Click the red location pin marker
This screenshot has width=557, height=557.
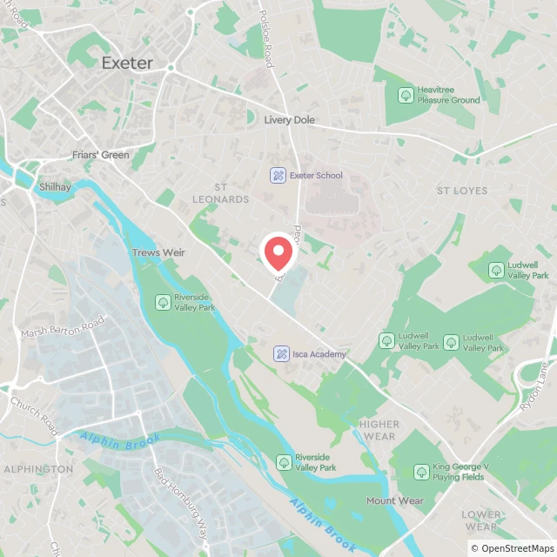pyautogui.click(x=278, y=253)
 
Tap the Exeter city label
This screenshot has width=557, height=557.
pyautogui.click(x=127, y=63)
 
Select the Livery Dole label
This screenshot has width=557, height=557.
pyautogui.click(x=290, y=120)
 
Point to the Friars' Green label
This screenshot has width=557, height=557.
pyautogui.click(x=100, y=156)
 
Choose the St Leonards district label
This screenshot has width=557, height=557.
pyautogui.click(x=232, y=193)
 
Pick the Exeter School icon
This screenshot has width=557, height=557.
pyautogui.click(x=278, y=175)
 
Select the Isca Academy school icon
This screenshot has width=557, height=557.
pyautogui.click(x=281, y=353)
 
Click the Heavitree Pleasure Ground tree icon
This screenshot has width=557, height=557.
pyautogui.click(x=405, y=95)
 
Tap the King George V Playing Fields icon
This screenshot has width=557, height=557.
pyautogui.click(x=421, y=472)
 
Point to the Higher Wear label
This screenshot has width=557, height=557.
pyautogui.click(x=378, y=430)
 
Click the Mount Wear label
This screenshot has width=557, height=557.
pyautogui.click(x=394, y=500)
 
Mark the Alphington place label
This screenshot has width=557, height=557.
pyautogui.click(x=38, y=469)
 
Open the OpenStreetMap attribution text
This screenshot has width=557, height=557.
pyautogui.click(x=511, y=548)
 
